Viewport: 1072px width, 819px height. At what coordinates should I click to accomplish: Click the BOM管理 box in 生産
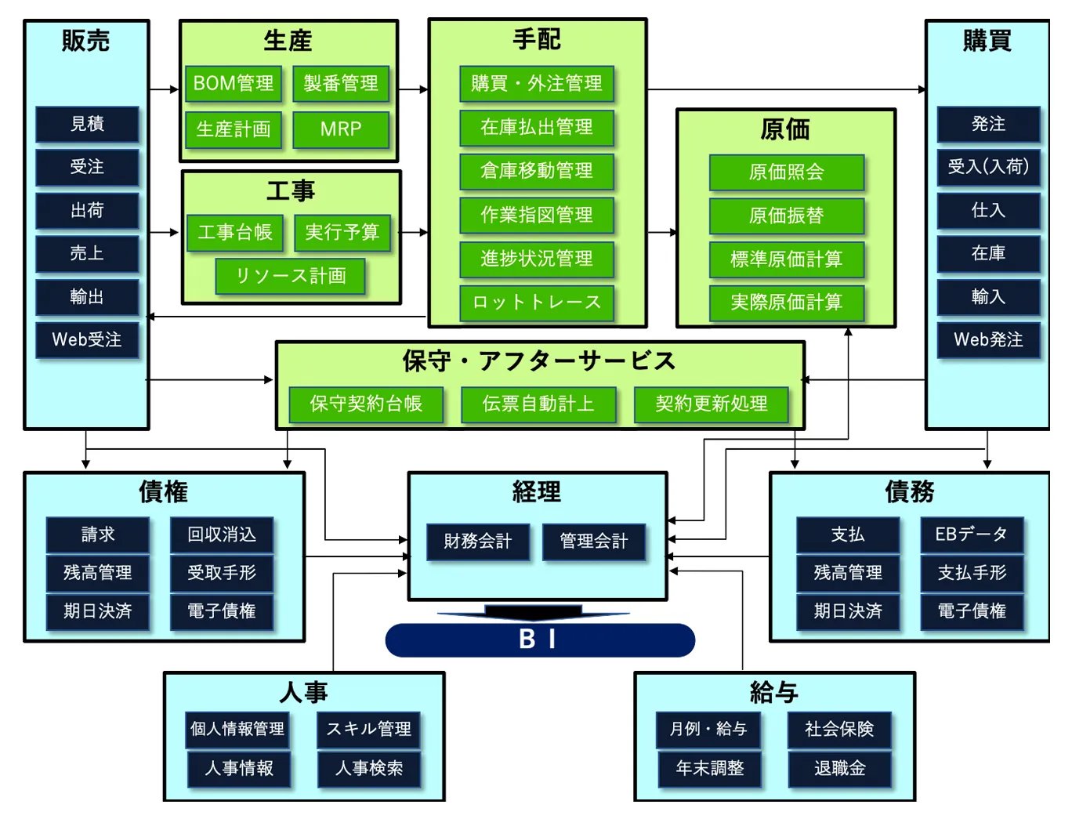234,84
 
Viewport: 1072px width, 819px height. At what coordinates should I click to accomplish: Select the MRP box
341,129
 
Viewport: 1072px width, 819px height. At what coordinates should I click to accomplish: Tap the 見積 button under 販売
87,124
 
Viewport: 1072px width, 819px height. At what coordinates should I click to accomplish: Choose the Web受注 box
87,339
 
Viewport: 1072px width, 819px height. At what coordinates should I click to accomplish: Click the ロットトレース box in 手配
537,303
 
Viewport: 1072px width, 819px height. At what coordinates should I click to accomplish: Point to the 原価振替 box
786,216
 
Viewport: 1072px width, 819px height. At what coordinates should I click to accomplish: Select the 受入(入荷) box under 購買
988,167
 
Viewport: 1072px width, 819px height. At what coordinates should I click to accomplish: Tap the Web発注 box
988,339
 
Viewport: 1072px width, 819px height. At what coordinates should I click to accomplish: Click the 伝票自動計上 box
538,404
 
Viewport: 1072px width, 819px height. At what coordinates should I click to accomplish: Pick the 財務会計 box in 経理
478,541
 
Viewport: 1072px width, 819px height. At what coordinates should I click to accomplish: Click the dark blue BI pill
540,640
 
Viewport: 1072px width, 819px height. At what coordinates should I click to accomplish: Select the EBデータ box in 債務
972,535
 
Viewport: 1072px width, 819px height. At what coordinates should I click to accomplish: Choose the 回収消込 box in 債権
222,535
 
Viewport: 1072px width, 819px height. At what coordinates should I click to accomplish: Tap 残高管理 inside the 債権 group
98,573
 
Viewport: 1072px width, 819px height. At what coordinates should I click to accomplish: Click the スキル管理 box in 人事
369,729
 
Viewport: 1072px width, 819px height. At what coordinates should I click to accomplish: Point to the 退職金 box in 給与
839,768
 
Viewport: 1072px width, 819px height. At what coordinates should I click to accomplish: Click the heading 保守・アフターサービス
539,361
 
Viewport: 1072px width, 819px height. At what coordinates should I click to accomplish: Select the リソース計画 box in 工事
291,276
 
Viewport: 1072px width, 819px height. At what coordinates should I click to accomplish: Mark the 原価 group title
785,129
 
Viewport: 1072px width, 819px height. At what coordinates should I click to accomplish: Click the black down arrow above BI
534,611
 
